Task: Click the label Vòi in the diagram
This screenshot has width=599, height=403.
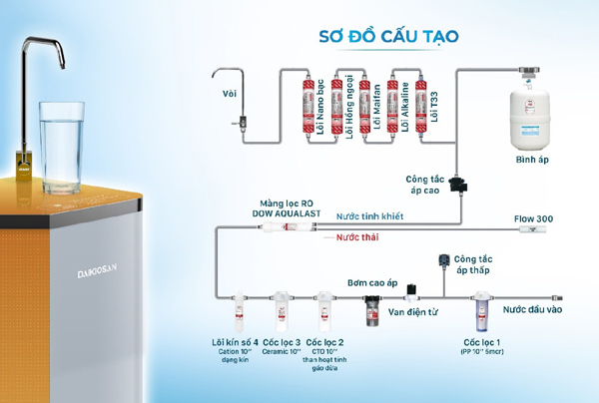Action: [229, 94]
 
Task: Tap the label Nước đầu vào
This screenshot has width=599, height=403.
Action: [533, 309]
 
